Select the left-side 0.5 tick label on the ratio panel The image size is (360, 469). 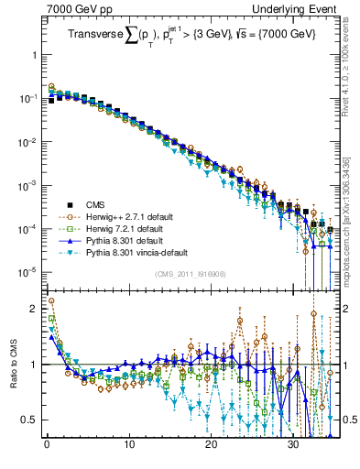pyautogui.click(x=31, y=420)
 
